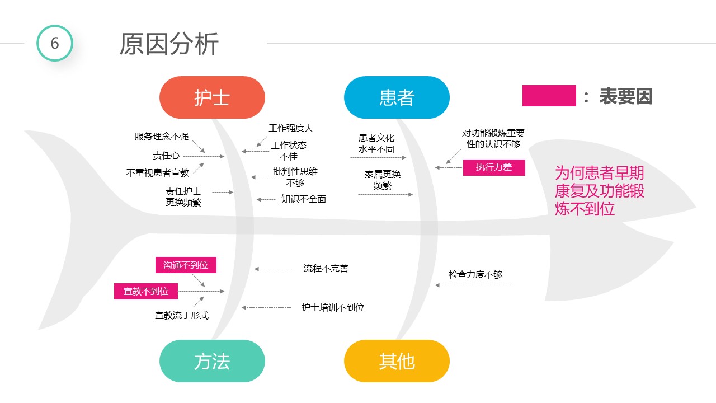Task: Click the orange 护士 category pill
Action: (x=212, y=97)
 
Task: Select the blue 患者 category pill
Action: (x=397, y=97)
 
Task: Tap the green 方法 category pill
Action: (x=212, y=361)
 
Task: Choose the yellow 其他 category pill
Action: (x=397, y=361)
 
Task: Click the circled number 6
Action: (x=55, y=43)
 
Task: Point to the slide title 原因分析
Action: (x=169, y=44)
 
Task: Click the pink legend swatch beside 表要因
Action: (x=549, y=96)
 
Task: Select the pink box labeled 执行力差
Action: (x=494, y=167)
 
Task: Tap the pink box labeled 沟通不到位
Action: (x=186, y=265)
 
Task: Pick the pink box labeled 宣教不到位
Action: (x=146, y=291)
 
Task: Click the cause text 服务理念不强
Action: (x=162, y=137)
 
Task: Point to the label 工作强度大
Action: (x=291, y=128)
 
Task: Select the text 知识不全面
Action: (x=303, y=199)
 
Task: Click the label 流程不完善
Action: (x=326, y=269)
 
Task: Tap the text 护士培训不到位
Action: (x=332, y=307)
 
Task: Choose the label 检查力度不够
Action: (x=475, y=274)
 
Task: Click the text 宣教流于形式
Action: (x=182, y=316)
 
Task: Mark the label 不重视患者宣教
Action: (x=158, y=173)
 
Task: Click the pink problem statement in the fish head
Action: (x=600, y=190)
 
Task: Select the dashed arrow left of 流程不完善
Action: (x=275, y=269)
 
